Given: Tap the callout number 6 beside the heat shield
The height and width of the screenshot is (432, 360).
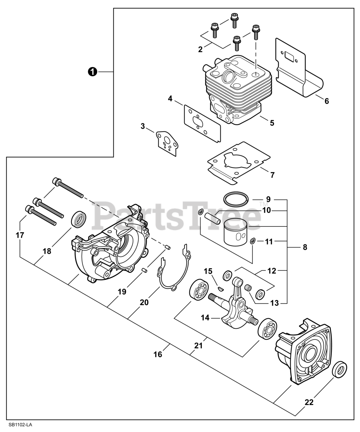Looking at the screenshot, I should [x=326, y=101].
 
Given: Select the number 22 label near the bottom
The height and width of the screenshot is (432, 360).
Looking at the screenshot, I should [x=309, y=402].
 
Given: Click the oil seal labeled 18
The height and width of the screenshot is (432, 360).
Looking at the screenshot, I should [x=78, y=218].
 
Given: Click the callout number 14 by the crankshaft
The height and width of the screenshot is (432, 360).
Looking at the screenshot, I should [x=205, y=317].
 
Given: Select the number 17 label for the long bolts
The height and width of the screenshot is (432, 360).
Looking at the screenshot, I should [x=20, y=235].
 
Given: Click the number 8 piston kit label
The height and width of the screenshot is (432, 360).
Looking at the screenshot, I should [x=305, y=247].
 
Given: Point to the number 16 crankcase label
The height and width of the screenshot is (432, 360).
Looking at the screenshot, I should [x=158, y=354].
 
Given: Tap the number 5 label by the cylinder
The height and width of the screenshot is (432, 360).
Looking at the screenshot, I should [x=272, y=123].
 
